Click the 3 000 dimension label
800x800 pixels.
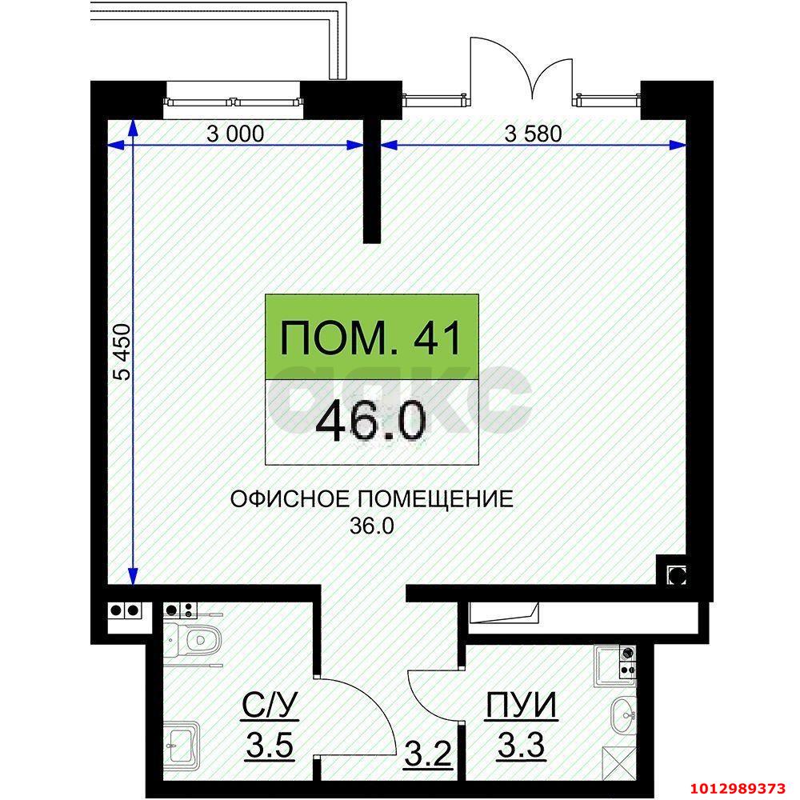coord(234,134)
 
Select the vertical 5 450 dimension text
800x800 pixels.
coord(122,352)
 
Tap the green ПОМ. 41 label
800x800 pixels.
coord(372,337)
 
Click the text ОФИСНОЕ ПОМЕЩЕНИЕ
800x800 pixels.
coord(371,500)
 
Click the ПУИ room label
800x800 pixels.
coord(522,706)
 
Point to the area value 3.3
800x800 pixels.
coord(522,748)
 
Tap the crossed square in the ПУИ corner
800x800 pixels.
coord(616,757)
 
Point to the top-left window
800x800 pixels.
coord(234,101)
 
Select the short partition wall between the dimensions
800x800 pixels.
coord(372,180)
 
